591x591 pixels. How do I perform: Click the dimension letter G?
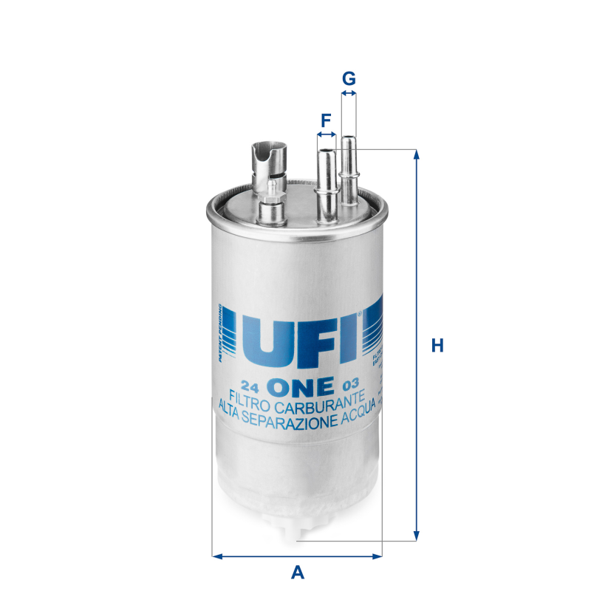point(349,78)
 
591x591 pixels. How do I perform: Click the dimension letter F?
point(325,119)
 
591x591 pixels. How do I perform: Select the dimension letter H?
point(437,345)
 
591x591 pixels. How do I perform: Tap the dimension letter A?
point(297,571)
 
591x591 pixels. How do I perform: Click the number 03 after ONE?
point(350,384)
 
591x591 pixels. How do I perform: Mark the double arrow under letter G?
point(349,94)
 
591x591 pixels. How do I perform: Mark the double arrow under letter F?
point(326,135)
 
